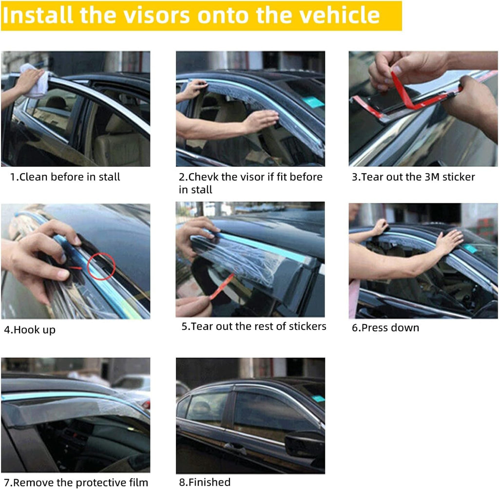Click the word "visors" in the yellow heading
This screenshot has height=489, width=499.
156,15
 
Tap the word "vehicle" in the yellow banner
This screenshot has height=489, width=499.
340,15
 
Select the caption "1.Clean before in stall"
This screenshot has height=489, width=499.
65,177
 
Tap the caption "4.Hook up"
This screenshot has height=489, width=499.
30,330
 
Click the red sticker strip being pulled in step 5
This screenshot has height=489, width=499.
222,287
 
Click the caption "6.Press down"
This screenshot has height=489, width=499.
385,327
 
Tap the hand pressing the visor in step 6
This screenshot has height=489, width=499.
450,241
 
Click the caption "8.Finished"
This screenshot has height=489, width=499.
205,482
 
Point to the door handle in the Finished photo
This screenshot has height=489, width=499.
235,447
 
